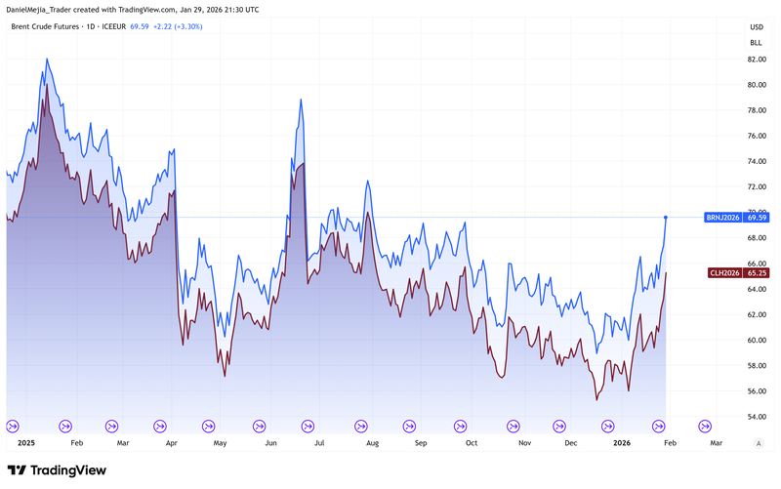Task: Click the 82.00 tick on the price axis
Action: pyautogui.click(x=756, y=60)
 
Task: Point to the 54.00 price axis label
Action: pyautogui.click(x=756, y=417)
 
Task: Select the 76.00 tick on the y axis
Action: pyautogui.click(x=756, y=136)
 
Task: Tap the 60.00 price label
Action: pyautogui.click(x=756, y=341)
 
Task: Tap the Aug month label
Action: pyautogui.click(x=371, y=443)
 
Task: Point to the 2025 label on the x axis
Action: pyautogui.click(x=27, y=443)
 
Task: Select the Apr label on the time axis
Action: pyautogui.click(x=172, y=443)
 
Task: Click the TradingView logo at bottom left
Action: pyautogui.click(x=59, y=470)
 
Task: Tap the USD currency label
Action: pyautogui.click(x=756, y=27)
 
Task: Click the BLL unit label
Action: pyautogui.click(x=756, y=43)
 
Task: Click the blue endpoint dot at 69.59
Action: pyautogui.click(x=666, y=217)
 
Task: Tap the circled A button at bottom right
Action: pyautogui.click(x=758, y=443)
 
